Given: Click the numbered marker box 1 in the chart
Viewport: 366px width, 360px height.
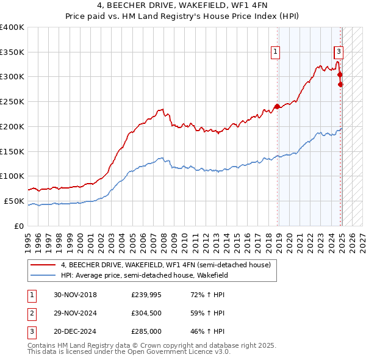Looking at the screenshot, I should tap(276, 52).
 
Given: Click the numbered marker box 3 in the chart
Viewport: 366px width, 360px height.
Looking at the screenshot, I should tap(339, 52).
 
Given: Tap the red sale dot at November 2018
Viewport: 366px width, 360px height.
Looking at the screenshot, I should tap(277, 106).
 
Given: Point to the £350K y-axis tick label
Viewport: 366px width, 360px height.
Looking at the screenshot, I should tap(12, 52).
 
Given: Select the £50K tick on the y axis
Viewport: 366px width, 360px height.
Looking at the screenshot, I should tap(15, 201).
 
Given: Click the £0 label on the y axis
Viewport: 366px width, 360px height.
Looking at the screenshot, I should tap(20, 226).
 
